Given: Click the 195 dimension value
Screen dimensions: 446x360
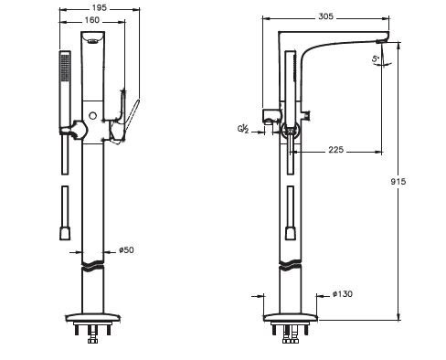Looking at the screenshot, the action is pyautogui.click(x=100, y=7).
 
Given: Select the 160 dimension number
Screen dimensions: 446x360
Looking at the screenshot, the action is pyautogui.click(x=91, y=20).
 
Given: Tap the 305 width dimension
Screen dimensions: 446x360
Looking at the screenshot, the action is pyautogui.click(x=325, y=16).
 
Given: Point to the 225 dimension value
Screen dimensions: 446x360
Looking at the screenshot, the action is pyautogui.click(x=335, y=150).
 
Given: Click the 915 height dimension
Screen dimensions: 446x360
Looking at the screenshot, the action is pyautogui.click(x=398, y=182).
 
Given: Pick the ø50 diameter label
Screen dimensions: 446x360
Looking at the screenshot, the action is pyautogui.click(x=126, y=250).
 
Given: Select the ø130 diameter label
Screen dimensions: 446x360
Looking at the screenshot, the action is pyautogui.click(x=343, y=294).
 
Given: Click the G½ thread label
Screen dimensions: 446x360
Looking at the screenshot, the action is pyautogui.click(x=243, y=129).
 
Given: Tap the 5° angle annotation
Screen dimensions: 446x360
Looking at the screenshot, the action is pyautogui.click(x=376, y=58).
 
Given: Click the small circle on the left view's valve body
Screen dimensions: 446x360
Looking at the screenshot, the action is pyautogui.click(x=92, y=116).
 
